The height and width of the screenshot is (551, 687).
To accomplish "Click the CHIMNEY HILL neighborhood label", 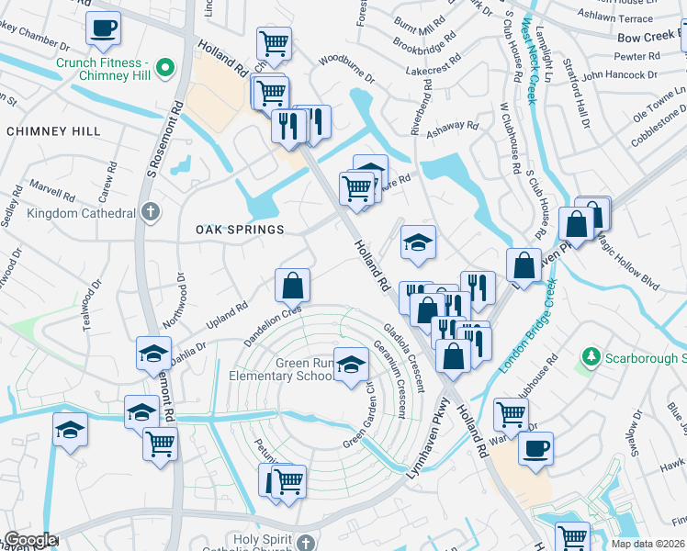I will (x=53, y=131).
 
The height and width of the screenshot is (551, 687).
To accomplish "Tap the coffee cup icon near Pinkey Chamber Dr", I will (x=104, y=28).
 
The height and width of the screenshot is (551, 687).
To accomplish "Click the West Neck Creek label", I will (x=529, y=54).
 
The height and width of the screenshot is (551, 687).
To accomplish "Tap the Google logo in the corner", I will (x=30, y=540).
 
